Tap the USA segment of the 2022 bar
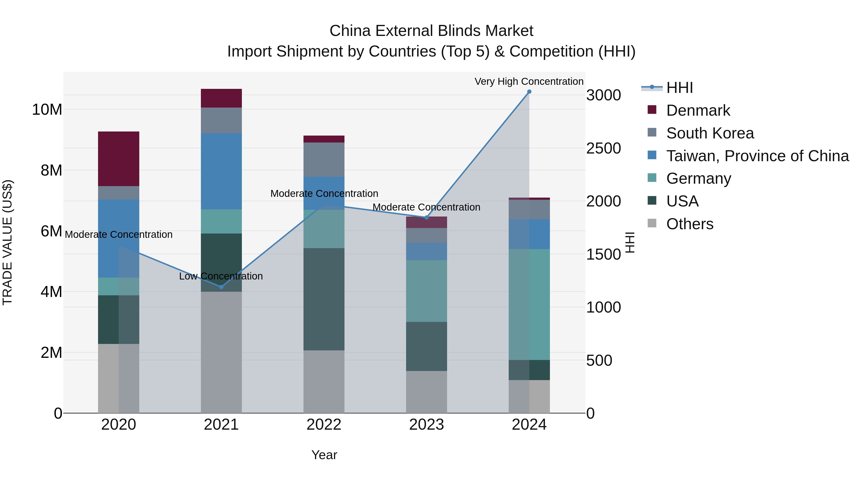pos(324,299)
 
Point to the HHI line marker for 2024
pos(529,92)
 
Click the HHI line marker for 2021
pos(221,287)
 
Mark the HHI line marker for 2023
pos(426,217)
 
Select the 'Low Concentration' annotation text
pos(221,276)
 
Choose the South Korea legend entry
pos(710,133)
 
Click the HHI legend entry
pos(679,88)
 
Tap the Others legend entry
pos(689,224)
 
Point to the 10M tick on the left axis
pos(47,110)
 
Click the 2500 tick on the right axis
pos(603,148)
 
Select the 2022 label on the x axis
pos(324,425)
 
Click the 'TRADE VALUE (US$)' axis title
pos(7,242)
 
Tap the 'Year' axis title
pos(324,455)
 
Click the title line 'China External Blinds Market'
pos(431,31)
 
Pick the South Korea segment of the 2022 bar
pos(324,160)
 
